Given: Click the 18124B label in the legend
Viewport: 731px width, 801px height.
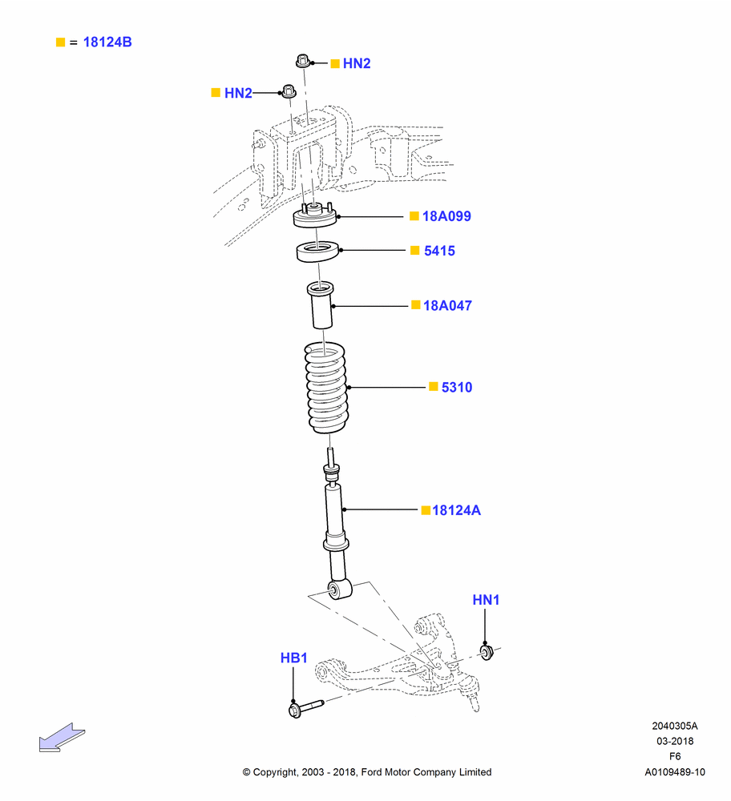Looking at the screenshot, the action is (x=107, y=42).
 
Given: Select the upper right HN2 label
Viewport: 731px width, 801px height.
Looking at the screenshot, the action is (x=357, y=63).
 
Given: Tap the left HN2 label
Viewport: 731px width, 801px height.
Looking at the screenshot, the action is (x=238, y=93).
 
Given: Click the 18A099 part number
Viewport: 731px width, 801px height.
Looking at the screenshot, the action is (x=446, y=216).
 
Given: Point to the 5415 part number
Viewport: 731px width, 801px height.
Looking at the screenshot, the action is (x=439, y=251).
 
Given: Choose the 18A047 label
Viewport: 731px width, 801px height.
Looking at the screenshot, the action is (x=447, y=305).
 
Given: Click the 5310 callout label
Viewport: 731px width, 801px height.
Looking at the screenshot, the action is (x=457, y=387).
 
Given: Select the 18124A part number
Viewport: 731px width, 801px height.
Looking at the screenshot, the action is (x=457, y=510).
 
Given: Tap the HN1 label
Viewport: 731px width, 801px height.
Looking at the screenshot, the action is (x=487, y=600).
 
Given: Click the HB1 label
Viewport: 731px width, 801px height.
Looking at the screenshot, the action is (x=294, y=658).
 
